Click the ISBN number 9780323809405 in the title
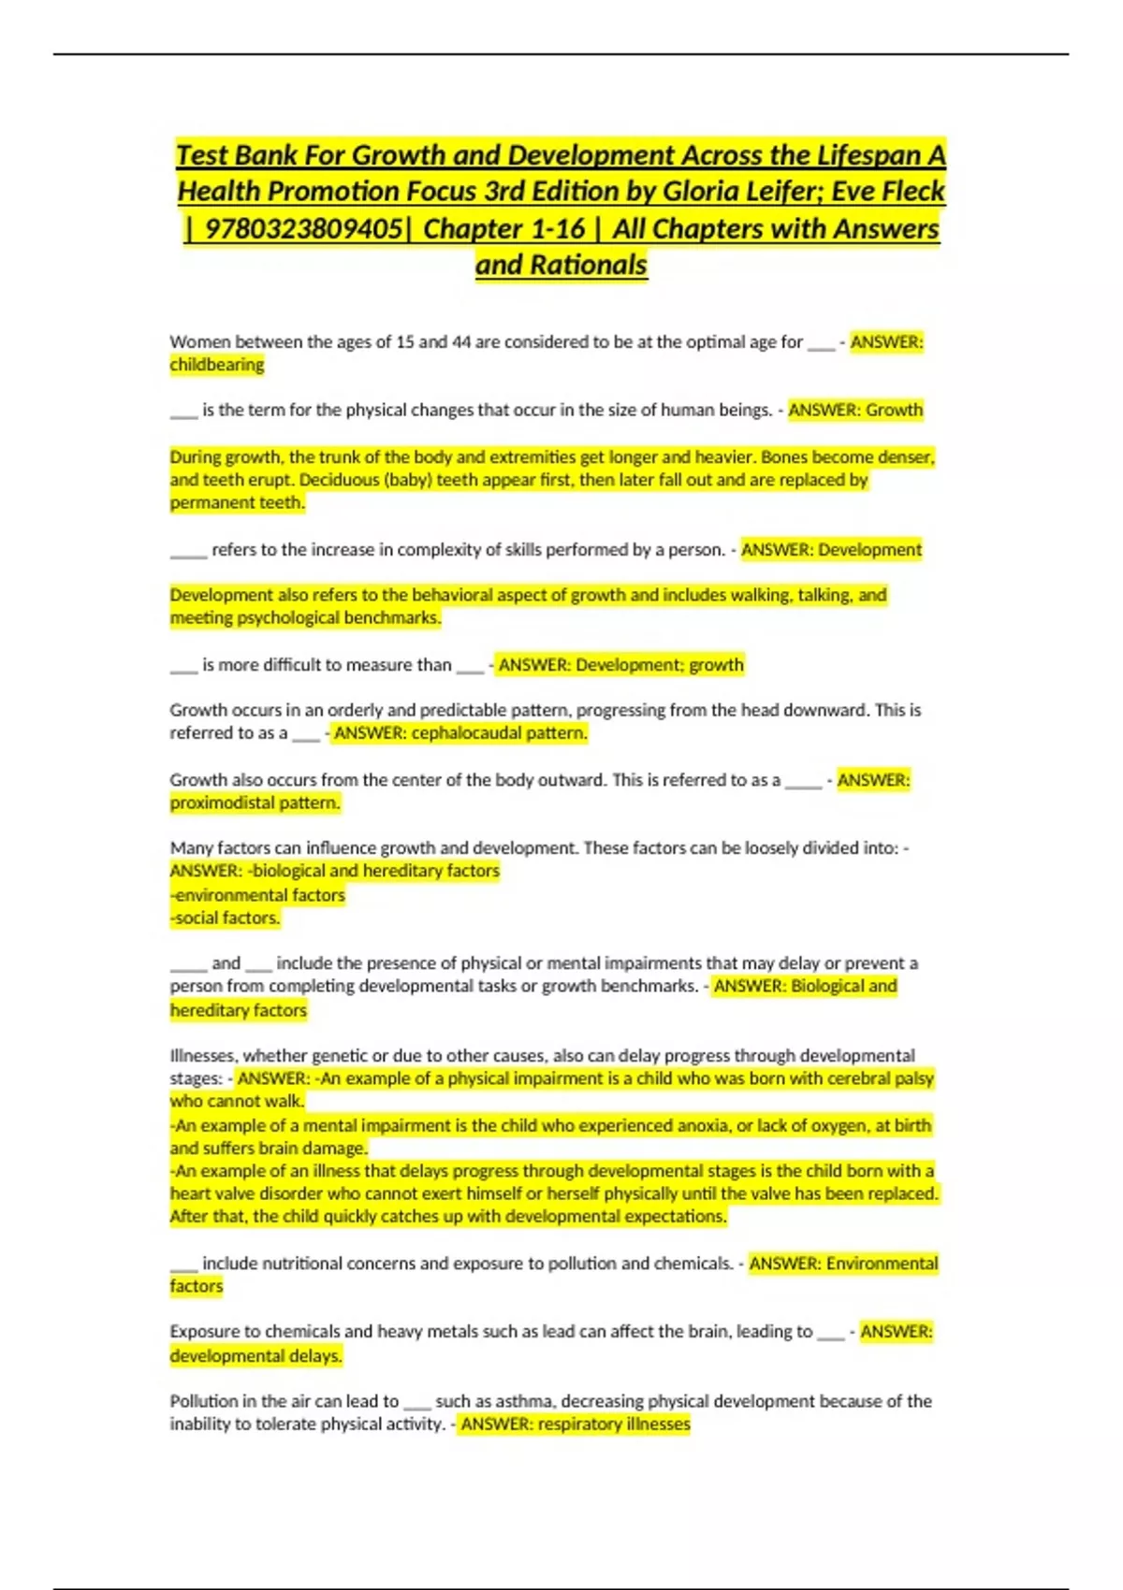304,228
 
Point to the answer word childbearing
217,365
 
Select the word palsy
914,1078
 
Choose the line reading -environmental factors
257,895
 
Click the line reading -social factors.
225,918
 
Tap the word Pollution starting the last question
204,1401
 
